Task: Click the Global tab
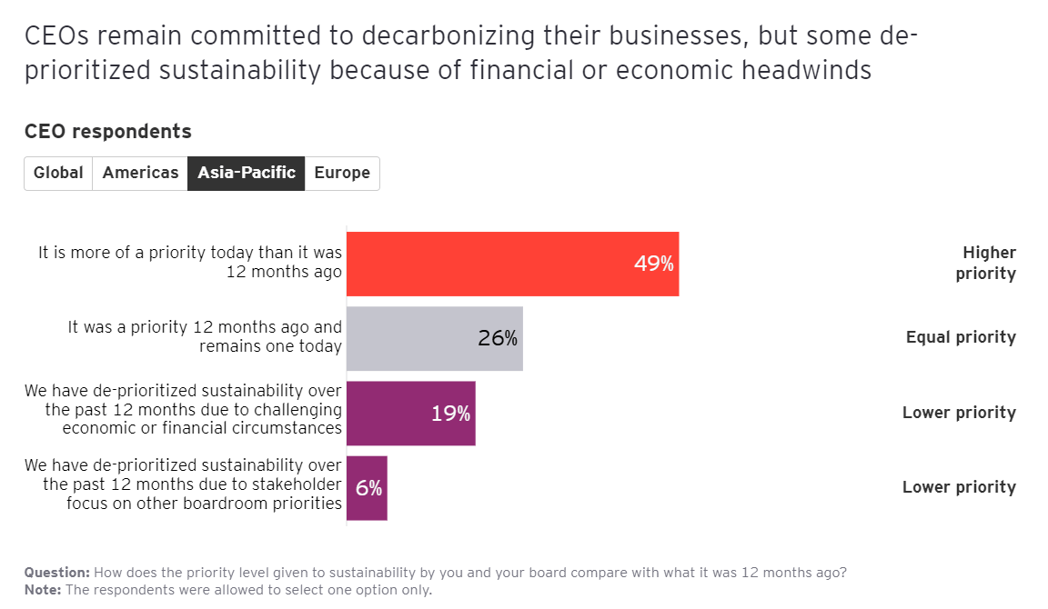[x=58, y=173]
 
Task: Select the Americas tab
[x=140, y=173]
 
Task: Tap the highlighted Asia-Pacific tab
[x=246, y=173]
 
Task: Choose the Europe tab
[x=342, y=173]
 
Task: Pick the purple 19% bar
[x=391, y=414]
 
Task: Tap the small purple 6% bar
[x=367, y=488]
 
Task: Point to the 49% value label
[x=653, y=264]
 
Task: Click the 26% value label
[x=498, y=339]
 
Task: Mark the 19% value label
[x=450, y=414]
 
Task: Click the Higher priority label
[x=988, y=263]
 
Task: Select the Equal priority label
[x=961, y=337]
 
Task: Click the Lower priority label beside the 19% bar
[x=959, y=413]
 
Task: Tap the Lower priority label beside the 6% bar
[x=959, y=487]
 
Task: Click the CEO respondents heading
[x=107, y=132]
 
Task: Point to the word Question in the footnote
[x=56, y=573]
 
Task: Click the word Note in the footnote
[x=41, y=590]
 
